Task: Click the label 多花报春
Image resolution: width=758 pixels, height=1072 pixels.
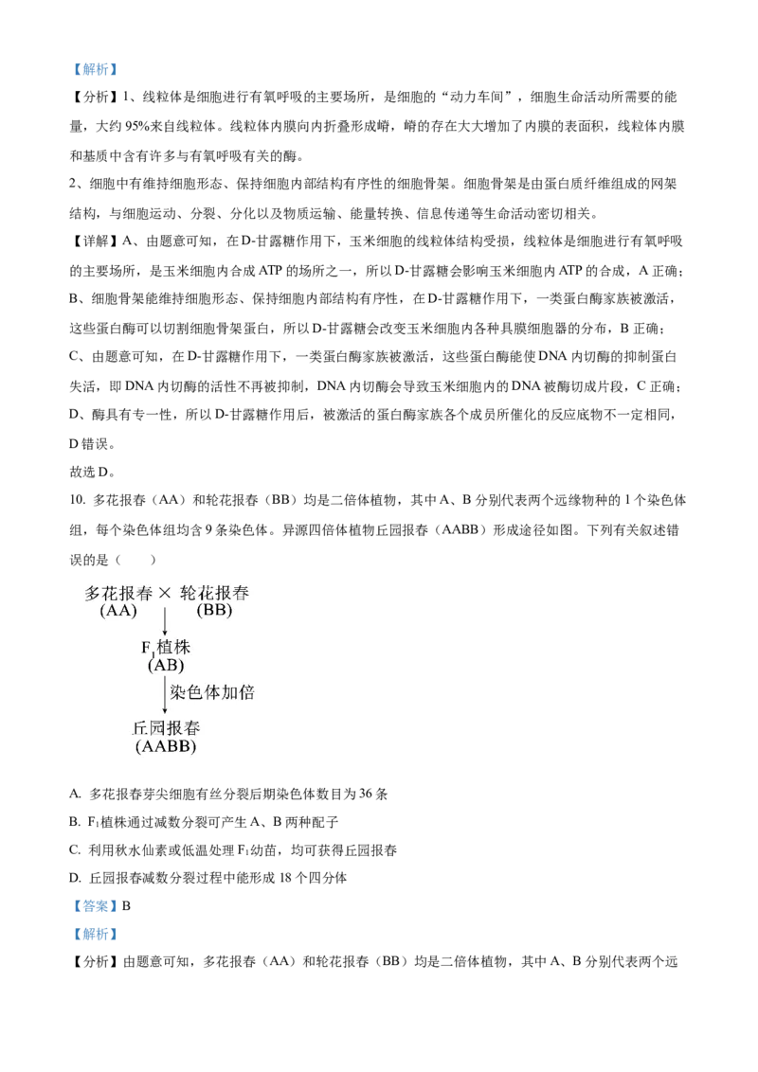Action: (x=118, y=594)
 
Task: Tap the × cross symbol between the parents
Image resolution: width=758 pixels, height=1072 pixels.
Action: (x=165, y=594)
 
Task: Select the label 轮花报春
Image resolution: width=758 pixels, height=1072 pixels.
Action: (x=214, y=594)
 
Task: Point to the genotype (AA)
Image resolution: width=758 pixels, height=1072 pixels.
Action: (x=118, y=611)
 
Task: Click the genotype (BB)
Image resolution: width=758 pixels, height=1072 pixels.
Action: (x=214, y=611)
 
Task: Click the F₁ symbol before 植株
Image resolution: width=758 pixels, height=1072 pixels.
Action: (x=147, y=649)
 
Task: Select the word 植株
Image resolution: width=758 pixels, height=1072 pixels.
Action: (x=173, y=648)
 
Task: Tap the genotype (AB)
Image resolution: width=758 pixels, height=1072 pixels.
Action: (x=166, y=665)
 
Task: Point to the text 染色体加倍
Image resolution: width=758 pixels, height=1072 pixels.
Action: (x=212, y=692)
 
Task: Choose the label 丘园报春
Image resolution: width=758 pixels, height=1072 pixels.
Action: (x=166, y=729)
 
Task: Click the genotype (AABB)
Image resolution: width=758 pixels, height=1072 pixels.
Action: (x=166, y=746)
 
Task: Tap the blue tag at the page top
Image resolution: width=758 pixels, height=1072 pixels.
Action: (x=95, y=69)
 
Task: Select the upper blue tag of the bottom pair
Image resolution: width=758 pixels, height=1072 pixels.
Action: (x=95, y=906)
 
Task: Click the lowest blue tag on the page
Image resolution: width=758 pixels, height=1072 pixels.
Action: (x=95, y=936)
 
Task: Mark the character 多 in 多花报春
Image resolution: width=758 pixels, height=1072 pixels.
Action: (x=93, y=594)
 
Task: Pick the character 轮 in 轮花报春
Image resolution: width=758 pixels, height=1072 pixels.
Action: (x=189, y=594)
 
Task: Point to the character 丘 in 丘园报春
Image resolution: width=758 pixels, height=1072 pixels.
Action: (x=140, y=729)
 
